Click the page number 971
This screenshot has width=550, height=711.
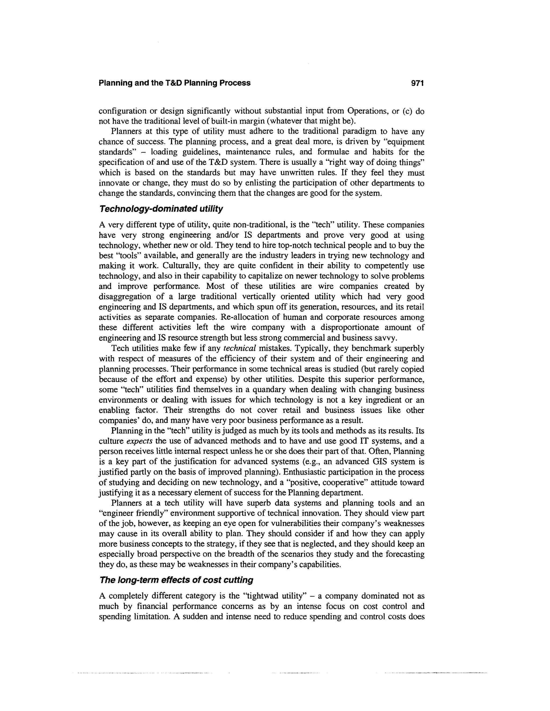pyautogui.click(x=417, y=83)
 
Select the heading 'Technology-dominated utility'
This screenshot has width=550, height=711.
pyautogui.click(x=161, y=209)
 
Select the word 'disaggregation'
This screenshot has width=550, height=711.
pyautogui.click(x=124, y=296)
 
